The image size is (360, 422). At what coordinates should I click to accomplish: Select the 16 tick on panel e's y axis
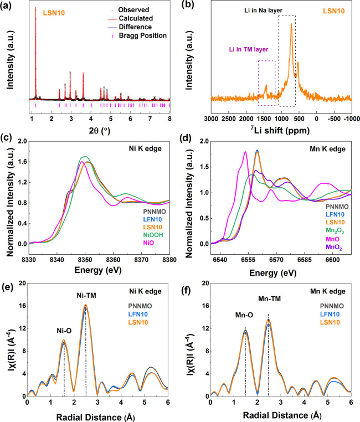tap(20, 305)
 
